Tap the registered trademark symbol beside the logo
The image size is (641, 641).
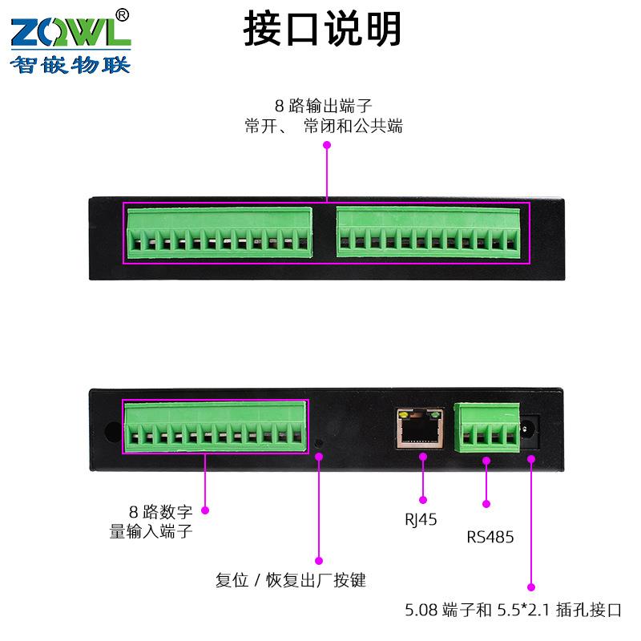click(x=122, y=14)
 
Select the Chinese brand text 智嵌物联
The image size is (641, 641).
click(x=69, y=65)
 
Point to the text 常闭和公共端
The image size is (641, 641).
click(x=353, y=126)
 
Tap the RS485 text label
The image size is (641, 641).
click(x=490, y=537)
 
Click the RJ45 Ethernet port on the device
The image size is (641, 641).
click(x=419, y=429)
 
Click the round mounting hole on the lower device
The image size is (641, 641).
click(x=110, y=429)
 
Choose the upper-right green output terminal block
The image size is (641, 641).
click(x=429, y=231)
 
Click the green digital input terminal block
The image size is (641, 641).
click(x=216, y=426)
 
